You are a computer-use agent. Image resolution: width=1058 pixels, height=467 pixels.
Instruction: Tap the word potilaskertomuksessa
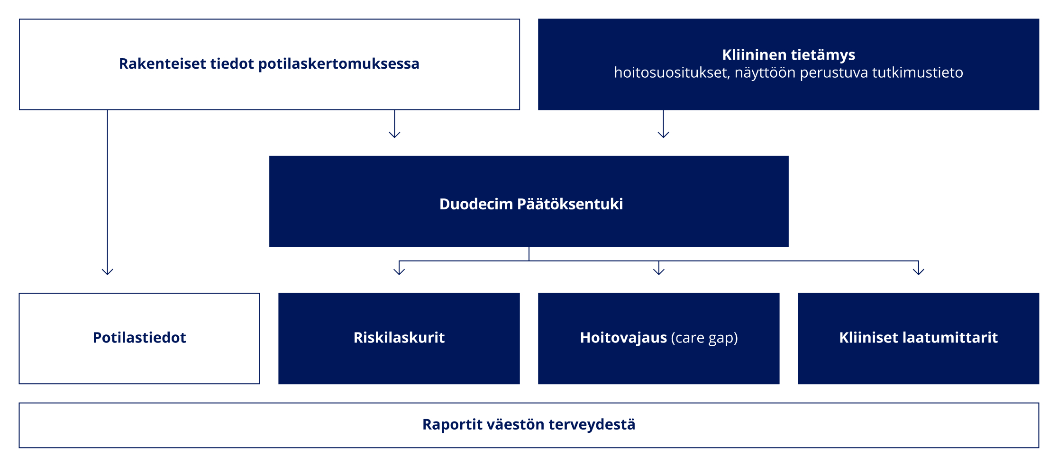pyautogui.click(x=338, y=64)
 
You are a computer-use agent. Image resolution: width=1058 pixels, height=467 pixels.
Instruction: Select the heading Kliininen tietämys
pyautogui.click(x=789, y=55)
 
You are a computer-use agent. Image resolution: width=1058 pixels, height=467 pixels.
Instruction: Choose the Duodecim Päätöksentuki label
pyautogui.click(x=531, y=204)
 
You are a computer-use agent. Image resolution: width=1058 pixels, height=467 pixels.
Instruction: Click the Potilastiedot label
pyautogui.click(x=139, y=338)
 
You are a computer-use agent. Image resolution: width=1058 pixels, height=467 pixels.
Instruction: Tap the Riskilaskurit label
pyautogui.click(x=399, y=338)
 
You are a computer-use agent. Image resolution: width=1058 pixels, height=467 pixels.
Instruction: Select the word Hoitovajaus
pyautogui.click(x=623, y=338)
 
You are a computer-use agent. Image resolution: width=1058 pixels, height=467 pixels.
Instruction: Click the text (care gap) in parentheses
pyautogui.click(x=704, y=338)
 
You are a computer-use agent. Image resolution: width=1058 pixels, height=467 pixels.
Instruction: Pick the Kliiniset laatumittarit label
pyautogui.click(x=918, y=338)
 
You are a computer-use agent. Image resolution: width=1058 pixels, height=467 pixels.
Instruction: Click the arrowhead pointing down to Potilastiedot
pyautogui.click(x=108, y=272)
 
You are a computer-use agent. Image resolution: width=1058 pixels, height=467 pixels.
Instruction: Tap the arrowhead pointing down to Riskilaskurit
pyautogui.click(x=399, y=272)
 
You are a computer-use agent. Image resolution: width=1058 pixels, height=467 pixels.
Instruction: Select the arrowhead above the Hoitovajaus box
pyautogui.click(x=659, y=272)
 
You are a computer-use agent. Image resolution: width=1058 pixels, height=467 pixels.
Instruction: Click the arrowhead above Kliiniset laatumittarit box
pyautogui.click(x=919, y=272)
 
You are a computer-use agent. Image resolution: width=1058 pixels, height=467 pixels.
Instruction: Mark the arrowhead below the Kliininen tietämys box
pyautogui.click(x=664, y=135)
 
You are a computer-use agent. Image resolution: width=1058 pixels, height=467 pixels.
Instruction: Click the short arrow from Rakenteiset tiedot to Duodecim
pyautogui.click(x=395, y=124)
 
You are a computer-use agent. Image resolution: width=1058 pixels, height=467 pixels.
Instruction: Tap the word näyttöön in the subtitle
pyautogui.click(x=764, y=73)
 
